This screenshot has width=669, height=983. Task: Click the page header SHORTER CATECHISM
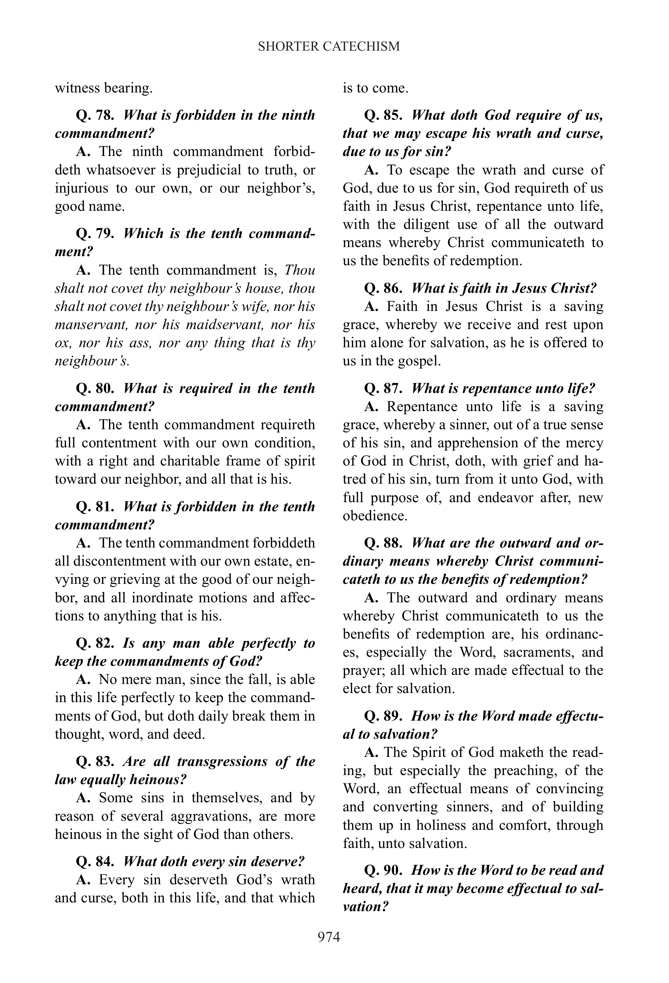329,46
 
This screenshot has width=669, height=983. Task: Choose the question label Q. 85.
383,115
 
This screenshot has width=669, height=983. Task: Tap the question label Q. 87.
383,388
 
